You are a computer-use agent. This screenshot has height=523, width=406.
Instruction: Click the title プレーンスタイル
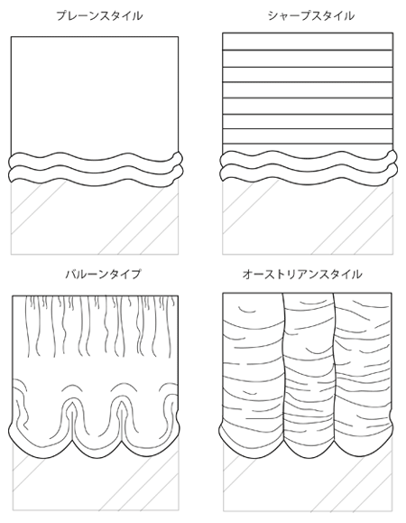pos(99,15)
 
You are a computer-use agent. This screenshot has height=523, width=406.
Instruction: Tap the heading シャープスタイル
pos(310,15)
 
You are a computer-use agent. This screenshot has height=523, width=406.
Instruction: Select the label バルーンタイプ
pos(103,274)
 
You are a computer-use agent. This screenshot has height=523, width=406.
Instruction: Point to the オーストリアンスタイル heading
pos(301,274)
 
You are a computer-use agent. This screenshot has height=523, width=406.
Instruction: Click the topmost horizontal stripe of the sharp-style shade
pos(308,42)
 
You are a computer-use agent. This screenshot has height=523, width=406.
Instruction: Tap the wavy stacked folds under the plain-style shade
pos(96,169)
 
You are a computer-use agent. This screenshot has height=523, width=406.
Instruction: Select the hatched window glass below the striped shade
pos(308,219)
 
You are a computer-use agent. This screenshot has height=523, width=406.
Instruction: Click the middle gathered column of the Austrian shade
pos(309,375)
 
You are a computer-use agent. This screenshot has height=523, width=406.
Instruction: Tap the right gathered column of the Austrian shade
pos(364,374)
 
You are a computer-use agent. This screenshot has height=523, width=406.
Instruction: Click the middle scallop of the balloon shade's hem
pos(97,444)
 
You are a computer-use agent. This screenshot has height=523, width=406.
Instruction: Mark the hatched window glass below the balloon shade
pos(96,483)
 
